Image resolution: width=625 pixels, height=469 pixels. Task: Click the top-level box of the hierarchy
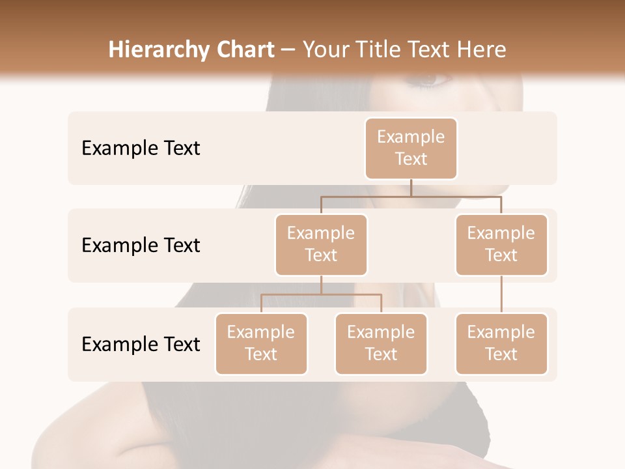[411, 149]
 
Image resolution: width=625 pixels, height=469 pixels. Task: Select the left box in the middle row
[321, 245]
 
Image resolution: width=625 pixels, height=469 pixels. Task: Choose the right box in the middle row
[501, 245]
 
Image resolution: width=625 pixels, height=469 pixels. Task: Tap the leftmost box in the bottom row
[261, 344]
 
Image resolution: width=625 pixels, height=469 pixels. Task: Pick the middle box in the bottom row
[381, 344]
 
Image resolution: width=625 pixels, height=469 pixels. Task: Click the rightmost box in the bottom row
[501, 344]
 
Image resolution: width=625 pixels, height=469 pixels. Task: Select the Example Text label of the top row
[141, 149]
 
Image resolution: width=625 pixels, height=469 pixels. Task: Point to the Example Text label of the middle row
[141, 246]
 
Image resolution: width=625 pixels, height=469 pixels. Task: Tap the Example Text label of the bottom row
[141, 344]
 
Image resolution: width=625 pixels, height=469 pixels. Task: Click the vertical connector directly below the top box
[411, 188]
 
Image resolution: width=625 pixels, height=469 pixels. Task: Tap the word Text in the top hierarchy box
[411, 159]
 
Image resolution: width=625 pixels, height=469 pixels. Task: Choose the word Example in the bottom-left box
[261, 332]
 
